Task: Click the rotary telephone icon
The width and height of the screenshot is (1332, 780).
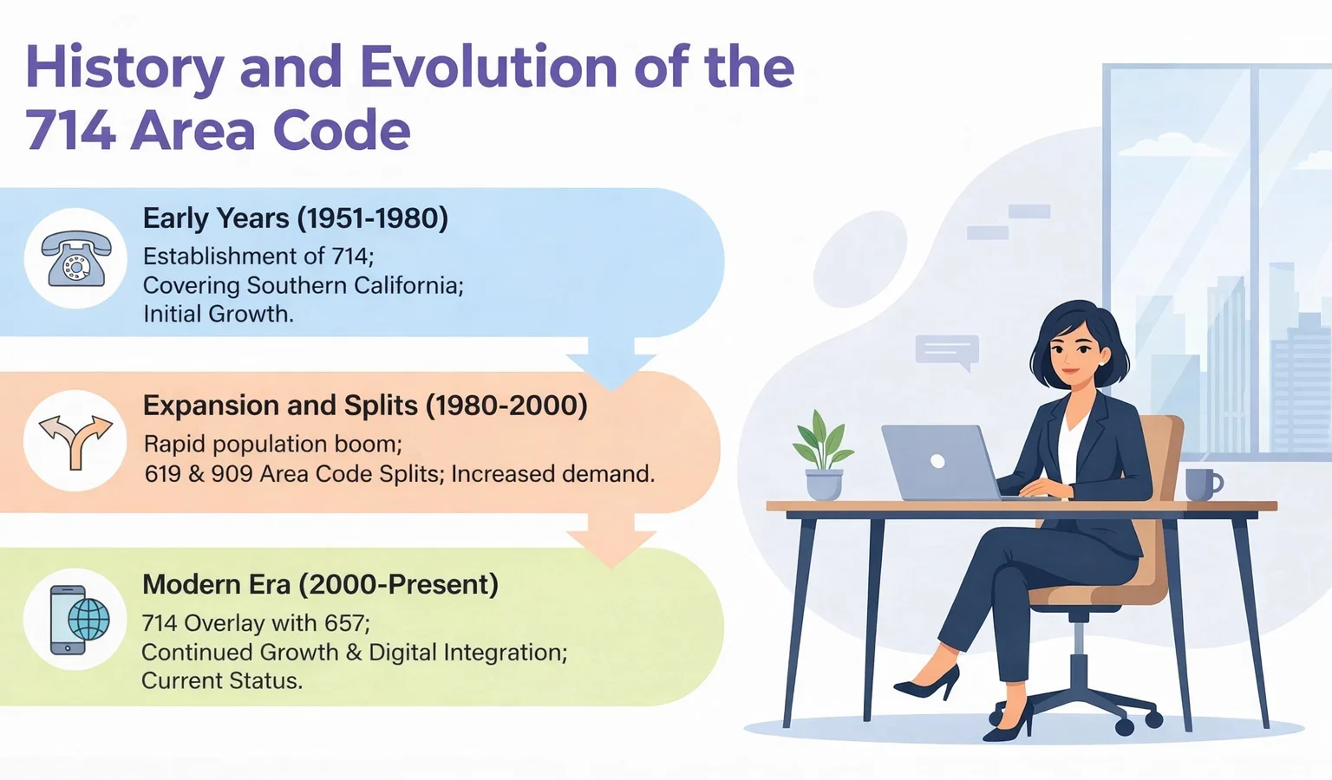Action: [x=76, y=258]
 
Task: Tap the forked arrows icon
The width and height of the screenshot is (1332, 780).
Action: [x=76, y=440]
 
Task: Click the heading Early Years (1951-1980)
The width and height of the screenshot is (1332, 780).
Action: [x=295, y=218]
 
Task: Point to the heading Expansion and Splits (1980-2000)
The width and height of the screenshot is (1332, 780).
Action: [x=365, y=406]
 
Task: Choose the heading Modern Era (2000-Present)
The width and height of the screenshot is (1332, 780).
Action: [x=320, y=585]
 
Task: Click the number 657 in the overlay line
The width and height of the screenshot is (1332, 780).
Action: [x=345, y=623]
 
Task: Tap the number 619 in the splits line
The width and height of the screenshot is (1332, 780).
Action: [x=162, y=474]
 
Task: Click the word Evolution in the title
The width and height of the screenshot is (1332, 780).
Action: [x=487, y=68]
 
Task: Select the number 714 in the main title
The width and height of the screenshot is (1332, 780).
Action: [x=69, y=132]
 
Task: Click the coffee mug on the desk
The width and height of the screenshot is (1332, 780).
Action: [x=1202, y=484]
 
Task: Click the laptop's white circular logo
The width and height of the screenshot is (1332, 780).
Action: [x=937, y=462]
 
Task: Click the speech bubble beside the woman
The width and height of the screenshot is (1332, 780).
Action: [x=947, y=351]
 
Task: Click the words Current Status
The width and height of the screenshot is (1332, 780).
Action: [x=221, y=681]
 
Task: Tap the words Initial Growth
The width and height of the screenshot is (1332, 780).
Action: [x=218, y=314]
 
